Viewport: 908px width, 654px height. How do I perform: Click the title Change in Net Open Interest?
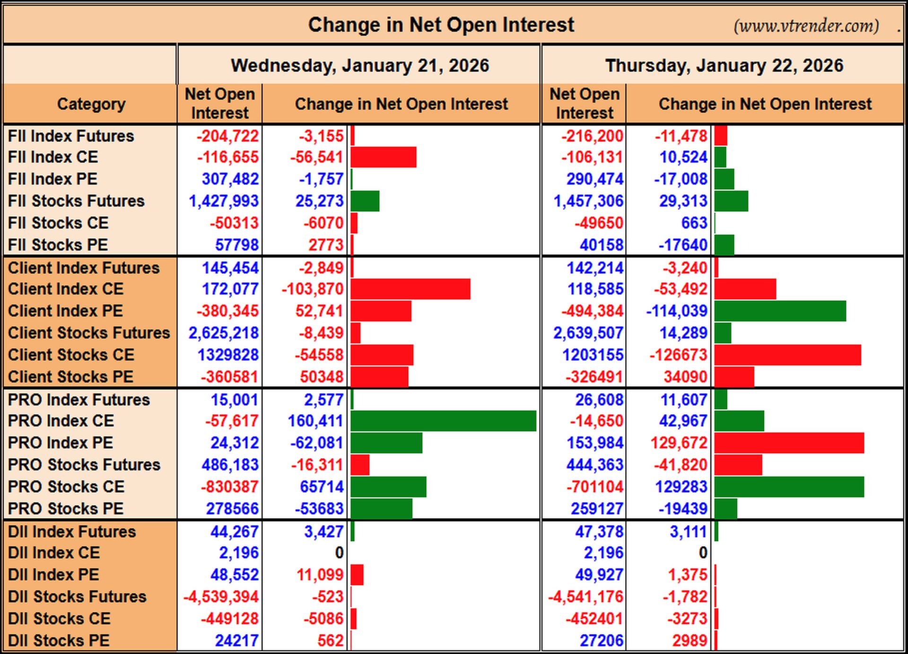click(441, 25)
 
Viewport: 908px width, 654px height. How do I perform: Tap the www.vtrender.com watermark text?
click(806, 26)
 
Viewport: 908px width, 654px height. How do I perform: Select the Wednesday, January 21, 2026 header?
click(360, 66)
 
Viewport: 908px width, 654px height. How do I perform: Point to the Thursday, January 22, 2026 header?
click(724, 66)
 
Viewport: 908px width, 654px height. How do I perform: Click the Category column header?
click(91, 104)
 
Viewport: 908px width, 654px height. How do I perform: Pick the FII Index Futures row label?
click(71, 136)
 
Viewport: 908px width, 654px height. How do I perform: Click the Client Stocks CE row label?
click(71, 355)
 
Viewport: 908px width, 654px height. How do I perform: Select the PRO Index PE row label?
click(61, 443)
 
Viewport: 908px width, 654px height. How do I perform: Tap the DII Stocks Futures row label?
click(77, 597)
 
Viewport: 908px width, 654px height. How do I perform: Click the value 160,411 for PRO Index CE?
click(315, 421)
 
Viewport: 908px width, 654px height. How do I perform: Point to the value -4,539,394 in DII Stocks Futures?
click(221, 597)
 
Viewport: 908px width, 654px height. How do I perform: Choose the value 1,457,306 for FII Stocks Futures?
click(588, 201)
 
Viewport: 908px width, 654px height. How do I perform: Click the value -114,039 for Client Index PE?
click(677, 311)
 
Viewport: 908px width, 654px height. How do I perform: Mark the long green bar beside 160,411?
click(444, 421)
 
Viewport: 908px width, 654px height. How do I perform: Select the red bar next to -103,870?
click(410, 289)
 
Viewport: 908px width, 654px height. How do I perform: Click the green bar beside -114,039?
click(780, 311)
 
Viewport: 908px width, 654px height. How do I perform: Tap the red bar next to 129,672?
click(789, 443)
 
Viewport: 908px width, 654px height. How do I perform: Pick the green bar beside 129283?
click(789, 487)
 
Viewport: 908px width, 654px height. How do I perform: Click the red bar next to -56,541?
click(384, 157)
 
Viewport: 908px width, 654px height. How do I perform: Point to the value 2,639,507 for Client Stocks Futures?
click(588, 333)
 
